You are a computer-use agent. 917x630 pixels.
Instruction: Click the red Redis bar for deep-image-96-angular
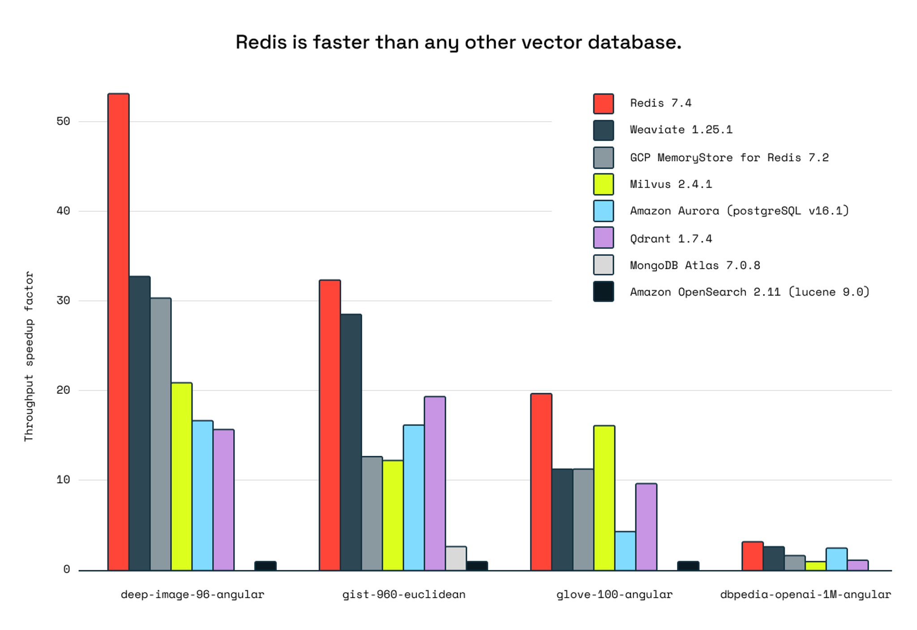(118, 331)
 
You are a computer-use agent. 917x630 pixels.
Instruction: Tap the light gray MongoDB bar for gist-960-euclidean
(456, 558)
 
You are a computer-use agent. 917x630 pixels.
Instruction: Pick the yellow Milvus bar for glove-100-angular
(604, 497)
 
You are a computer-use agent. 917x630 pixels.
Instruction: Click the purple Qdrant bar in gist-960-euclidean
(435, 483)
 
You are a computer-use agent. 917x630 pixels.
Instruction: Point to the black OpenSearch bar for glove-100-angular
(688, 566)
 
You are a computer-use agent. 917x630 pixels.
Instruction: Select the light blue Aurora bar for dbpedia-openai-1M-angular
(836, 559)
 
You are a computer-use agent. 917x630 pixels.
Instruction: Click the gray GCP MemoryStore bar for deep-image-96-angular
(161, 434)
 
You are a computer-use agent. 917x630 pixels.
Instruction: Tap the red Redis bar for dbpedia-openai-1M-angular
(752, 556)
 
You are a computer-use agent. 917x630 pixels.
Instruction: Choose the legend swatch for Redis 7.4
(603, 103)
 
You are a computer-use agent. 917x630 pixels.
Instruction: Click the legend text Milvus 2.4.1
(670, 184)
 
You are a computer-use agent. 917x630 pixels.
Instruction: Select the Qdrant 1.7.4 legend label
(670, 239)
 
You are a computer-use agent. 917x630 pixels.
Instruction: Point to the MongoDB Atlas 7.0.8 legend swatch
(603, 265)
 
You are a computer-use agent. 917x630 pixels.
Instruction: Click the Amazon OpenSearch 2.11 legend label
(749, 292)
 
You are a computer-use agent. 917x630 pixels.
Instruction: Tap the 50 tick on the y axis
(63, 121)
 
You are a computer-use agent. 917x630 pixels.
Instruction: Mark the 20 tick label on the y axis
(63, 390)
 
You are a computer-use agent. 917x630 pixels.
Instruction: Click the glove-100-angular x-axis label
(614, 594)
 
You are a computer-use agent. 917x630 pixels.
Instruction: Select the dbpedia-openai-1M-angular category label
(805, 594)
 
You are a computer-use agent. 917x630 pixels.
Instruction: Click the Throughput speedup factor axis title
(29, 356)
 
